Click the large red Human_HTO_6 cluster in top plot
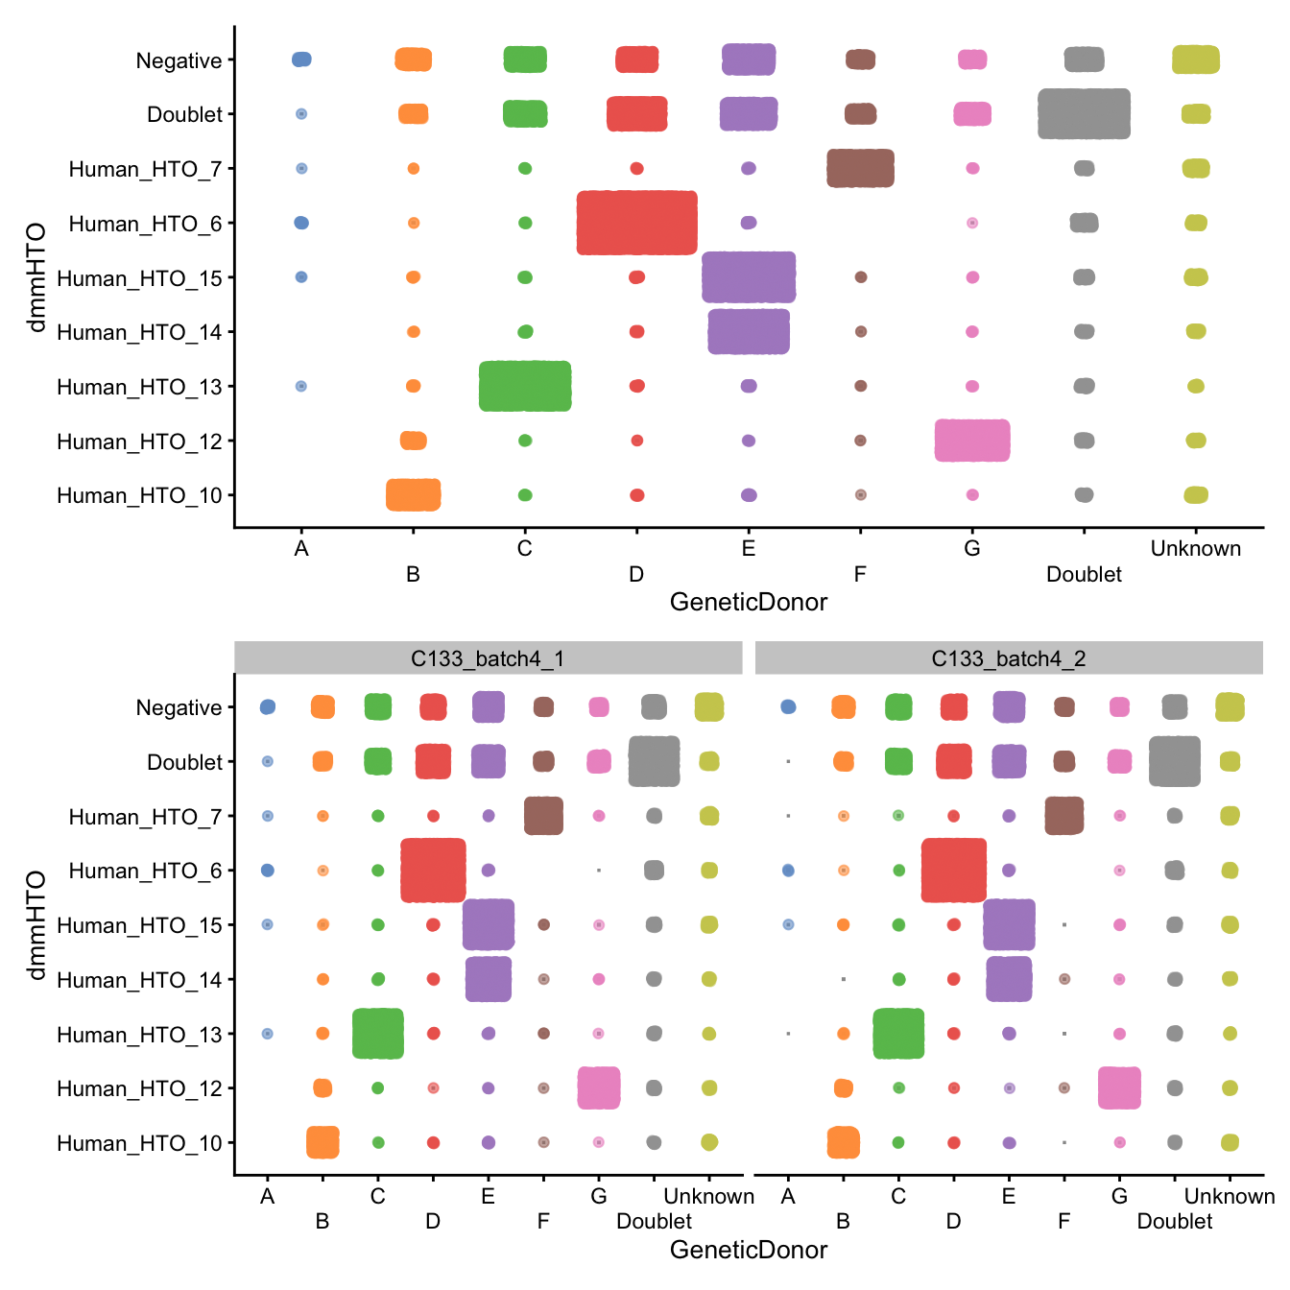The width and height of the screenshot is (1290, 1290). click(636, 223)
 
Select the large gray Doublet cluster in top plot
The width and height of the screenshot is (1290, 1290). click(1084, 114)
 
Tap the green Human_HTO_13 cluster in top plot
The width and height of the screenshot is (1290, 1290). click(525, 386)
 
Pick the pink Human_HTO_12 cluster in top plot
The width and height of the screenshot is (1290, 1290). click(972, 441)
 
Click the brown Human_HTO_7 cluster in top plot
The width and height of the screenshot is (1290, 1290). click(860, 168)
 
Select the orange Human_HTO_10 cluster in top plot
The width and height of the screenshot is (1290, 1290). click(413, 495)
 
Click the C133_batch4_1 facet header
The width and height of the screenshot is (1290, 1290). click(488, 658)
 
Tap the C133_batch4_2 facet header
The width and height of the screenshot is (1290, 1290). click(1009, 658)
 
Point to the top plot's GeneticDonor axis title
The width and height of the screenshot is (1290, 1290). click(748, 602)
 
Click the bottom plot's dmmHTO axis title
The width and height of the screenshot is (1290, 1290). click(36, 924)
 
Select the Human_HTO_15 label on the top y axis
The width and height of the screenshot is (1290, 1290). click(139, 278)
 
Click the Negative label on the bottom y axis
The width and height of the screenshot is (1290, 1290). click(179, 707)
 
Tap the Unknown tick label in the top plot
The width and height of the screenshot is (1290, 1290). click(1195, 548)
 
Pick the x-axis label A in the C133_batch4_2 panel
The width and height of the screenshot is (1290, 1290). click(788, 1196)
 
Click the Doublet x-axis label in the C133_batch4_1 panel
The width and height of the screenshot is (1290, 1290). click(654, 1221)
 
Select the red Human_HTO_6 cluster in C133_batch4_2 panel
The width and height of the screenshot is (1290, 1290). click(953, 871)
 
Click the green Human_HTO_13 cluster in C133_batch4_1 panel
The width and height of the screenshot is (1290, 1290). click(378, 1034)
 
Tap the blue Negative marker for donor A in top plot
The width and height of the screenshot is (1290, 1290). click(301, 60)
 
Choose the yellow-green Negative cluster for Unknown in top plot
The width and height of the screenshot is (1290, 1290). click(1195, 60)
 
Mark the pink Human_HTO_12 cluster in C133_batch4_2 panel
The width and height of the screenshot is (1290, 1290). click(1119, 1087)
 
